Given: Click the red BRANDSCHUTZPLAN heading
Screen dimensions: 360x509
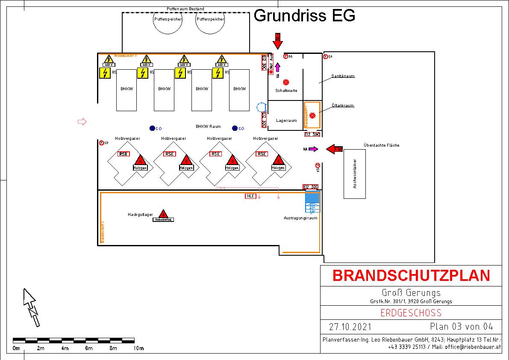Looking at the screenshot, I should (x=411, y=276).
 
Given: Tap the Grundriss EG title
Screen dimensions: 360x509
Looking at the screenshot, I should (x=304, y=16).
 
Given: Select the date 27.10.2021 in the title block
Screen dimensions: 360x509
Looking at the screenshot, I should (x=350, y=327).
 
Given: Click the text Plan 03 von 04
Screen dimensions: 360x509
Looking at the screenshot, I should (x=462, y=327).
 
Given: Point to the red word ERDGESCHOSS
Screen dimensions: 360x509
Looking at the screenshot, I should (x=411, y=313).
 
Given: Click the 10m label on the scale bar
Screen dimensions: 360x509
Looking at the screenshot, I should (x=138, y=348).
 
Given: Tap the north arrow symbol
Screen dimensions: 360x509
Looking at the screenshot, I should (x=31, y=307).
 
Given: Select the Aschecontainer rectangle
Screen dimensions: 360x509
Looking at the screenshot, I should (x=355, y=174).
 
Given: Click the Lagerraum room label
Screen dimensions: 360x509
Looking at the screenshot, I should (x=286, y=121).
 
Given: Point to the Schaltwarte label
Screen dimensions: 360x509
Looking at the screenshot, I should (x=286, y=91).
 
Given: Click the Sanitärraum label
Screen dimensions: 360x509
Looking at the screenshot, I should (x=343, y=76).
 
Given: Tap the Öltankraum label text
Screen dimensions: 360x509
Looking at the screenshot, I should (x=343, y=106).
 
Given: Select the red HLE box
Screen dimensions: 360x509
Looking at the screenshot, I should (x=250, y=196).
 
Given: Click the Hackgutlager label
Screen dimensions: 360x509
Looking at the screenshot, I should (x=140, y=215).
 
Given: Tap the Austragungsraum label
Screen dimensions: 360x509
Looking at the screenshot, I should (x=300, y=218).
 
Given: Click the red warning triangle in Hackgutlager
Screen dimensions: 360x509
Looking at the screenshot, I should (x=163, y=213).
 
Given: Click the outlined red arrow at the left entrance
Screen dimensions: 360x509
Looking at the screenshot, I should (x=82, y=122).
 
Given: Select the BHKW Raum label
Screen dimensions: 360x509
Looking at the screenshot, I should (x=208, y=127).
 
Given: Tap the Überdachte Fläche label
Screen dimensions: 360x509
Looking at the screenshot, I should (x=382, y=145).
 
